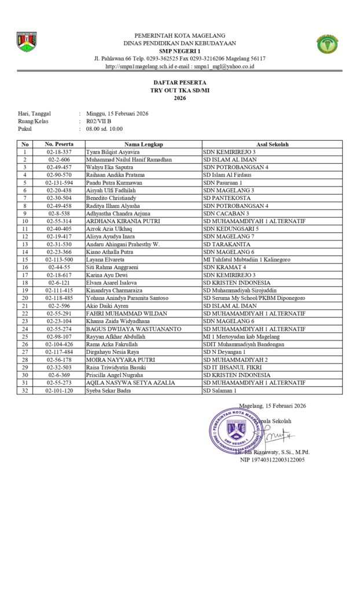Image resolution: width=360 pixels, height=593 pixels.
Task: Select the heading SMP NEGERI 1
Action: pos(179,51)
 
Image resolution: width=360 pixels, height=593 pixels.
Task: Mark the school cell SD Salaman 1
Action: pos(219,391)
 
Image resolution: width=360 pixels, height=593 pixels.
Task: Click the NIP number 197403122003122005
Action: pos(272,460)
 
